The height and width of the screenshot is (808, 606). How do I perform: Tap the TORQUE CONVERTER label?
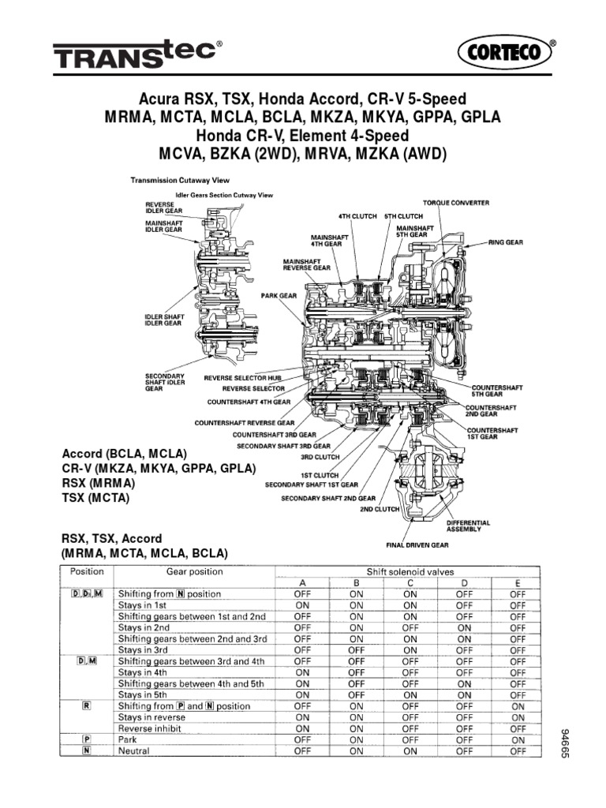455,203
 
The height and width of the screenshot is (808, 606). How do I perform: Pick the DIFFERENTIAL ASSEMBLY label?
468,526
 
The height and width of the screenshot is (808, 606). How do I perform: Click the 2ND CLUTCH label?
358,509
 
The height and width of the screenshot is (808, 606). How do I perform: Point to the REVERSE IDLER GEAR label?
160,206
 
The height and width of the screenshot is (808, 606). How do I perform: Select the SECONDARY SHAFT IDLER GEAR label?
164,382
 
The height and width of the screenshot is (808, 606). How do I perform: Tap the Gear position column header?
194,571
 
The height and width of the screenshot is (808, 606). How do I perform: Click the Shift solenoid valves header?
410,571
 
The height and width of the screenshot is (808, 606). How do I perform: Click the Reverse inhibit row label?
150,728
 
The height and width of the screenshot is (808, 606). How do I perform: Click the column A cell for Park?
302,740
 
